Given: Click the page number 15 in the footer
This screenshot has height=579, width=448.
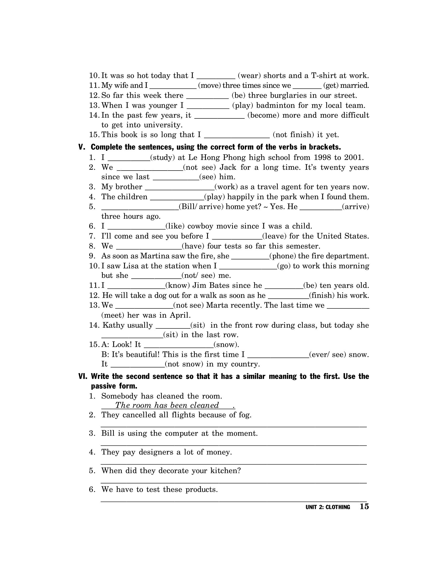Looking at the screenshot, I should [x=364, y=507].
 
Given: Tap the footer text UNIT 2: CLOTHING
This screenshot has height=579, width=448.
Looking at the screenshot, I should [x=328, y=507].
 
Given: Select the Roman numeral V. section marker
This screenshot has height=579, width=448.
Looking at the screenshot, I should [x=82, y=147].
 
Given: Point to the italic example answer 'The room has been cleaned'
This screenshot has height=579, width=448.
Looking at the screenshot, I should [x=167, y=405].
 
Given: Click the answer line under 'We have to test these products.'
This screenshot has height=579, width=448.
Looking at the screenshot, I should [x=233, y=501].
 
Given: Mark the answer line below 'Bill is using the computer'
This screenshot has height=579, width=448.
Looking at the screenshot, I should [x=233, y=445].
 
